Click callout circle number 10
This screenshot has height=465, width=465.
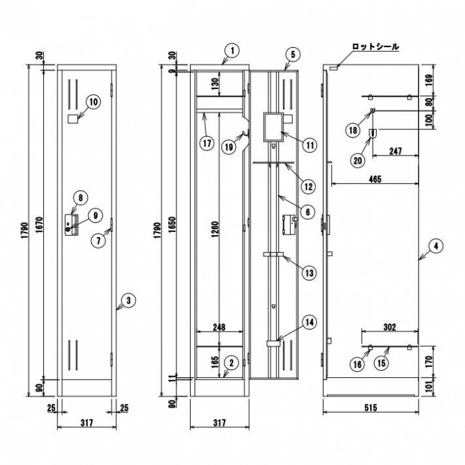tap(92, 102)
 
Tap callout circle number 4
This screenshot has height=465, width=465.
tap(434, 246)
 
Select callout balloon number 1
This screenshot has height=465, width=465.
tap(231, 50)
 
